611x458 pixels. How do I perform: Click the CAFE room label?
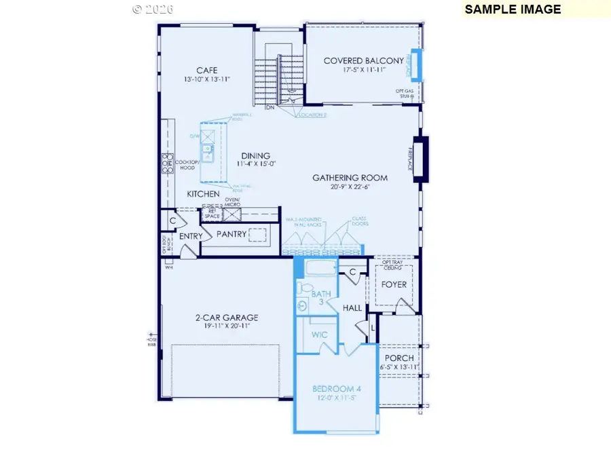coord(207,70)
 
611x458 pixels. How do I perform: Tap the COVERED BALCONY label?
coord(363,60)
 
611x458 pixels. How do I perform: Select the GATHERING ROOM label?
coord(350,178)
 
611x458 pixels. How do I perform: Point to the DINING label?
coord(255,155)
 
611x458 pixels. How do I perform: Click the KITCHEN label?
coord(204,194)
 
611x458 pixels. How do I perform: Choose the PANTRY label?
coord(230,234)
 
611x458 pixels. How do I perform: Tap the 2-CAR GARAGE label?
coord(226,318)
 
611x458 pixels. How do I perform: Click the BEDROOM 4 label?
coord(337,389)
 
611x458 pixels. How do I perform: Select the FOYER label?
coord(394,284)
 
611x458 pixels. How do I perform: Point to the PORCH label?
coord(399,358)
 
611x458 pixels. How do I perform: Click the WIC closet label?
coord(320,335)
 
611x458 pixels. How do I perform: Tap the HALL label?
coord(352,307)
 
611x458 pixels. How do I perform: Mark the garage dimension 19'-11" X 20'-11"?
coord(226,326)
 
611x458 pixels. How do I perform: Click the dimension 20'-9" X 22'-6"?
coord(350,187)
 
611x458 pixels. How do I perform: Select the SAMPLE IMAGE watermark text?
coord(513,9)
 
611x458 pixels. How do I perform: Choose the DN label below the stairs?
coord(270,107)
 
